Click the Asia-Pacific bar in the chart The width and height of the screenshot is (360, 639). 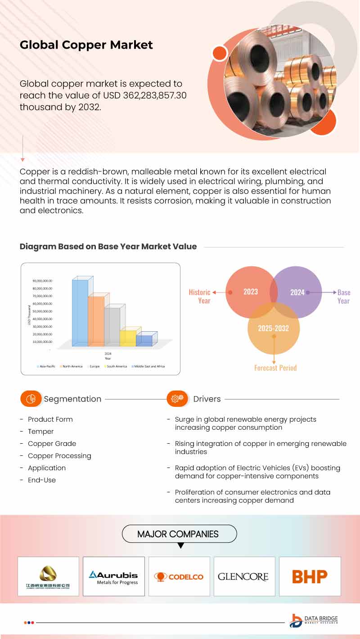[80, 313]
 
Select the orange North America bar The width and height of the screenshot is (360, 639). [96, 321]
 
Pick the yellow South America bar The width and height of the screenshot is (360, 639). [128, 338]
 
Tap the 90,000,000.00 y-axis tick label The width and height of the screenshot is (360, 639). [42, 280]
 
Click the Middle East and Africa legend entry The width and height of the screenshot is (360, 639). [149, 367]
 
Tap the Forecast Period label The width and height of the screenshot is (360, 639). [275, 368]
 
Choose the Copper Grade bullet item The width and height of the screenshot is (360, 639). [52, 444]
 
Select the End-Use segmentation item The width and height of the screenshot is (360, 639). [42, 480]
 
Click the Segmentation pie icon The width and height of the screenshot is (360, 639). [31, 399]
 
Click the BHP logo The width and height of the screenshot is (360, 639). [310, 576]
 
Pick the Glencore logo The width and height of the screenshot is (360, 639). [243, 576]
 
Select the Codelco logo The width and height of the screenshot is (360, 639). [179, 576]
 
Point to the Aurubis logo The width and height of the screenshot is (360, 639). [113, 577]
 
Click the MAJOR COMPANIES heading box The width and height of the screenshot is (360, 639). [179, 534]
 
